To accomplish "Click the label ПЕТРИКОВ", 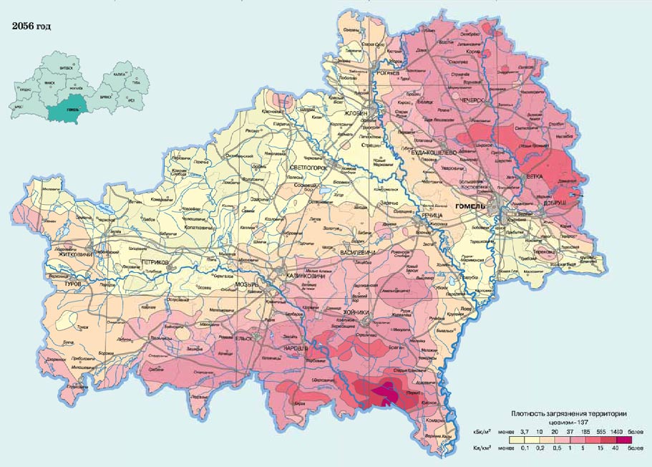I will [x=155, y=263].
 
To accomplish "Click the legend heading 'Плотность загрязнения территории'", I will [x=570, y=415].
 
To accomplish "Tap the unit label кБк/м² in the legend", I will [x=481, y=433].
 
